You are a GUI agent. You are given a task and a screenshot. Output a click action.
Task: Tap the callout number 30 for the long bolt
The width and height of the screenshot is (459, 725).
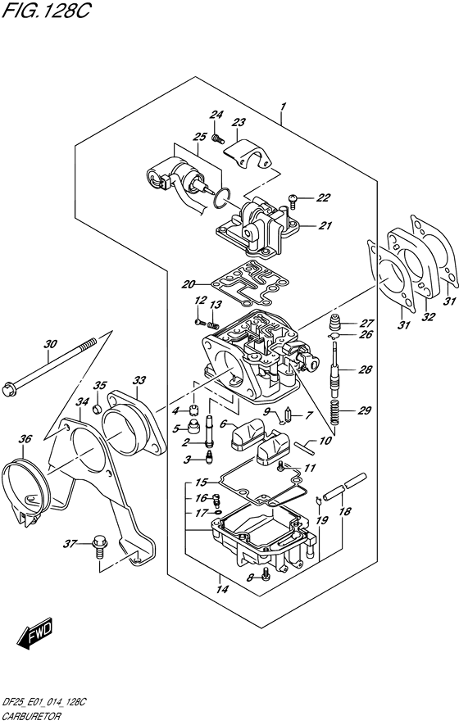click(51, 344)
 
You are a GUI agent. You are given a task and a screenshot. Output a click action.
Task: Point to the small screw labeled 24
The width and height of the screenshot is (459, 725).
click(218, 138)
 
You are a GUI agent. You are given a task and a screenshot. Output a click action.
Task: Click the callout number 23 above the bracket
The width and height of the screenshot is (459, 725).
click(239, 123)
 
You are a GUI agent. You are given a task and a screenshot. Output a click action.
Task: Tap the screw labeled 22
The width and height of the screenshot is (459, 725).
click(293, 199)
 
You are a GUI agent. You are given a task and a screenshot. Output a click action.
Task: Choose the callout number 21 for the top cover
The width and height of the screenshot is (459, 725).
click(325, 225)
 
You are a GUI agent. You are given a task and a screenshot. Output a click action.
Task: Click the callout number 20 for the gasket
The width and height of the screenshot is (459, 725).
click(188, 284)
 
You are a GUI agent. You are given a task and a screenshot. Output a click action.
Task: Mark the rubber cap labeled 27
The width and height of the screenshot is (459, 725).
click(336, 322)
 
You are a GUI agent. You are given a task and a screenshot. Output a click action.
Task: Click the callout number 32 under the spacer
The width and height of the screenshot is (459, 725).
click(429, 317)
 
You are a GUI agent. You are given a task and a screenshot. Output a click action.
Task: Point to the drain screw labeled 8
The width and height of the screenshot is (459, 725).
click(265, 574)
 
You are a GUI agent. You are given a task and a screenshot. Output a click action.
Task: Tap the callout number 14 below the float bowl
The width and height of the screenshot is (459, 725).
click(223, 589)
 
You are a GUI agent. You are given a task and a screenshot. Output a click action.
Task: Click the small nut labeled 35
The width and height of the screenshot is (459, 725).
click(98, 409)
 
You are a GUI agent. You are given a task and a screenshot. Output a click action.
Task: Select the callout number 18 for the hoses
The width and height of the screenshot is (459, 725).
click(344, 511)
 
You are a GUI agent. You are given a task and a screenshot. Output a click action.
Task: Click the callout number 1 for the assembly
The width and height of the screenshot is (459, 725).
click(283, 106)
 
